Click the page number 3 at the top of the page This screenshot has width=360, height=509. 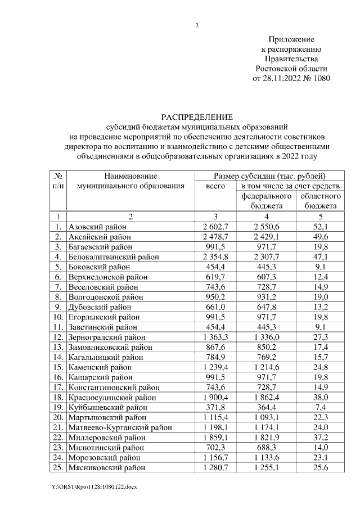tap(197, 25)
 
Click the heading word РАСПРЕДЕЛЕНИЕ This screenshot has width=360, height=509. tap(197, 117)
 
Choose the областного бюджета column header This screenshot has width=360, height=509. tap(319, 201)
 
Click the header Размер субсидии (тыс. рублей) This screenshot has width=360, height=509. tap(270, 176)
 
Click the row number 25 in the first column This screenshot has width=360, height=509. tap(57, 468)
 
